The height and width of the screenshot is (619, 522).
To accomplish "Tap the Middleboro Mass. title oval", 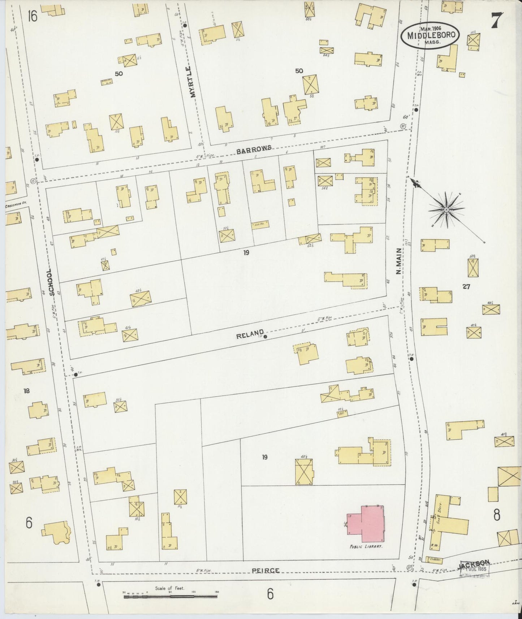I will [430, 35].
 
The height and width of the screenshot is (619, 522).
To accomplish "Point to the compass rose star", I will [446, 209].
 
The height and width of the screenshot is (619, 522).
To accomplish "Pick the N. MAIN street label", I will [398, 261].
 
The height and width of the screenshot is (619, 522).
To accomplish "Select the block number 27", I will [466, 287].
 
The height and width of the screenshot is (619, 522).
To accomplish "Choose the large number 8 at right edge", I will [497, 515].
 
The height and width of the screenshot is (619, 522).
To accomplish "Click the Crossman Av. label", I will [16, 206].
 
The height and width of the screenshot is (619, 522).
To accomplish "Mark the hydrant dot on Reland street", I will [265, 337].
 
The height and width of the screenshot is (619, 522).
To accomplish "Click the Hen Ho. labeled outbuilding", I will [260, 224].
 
